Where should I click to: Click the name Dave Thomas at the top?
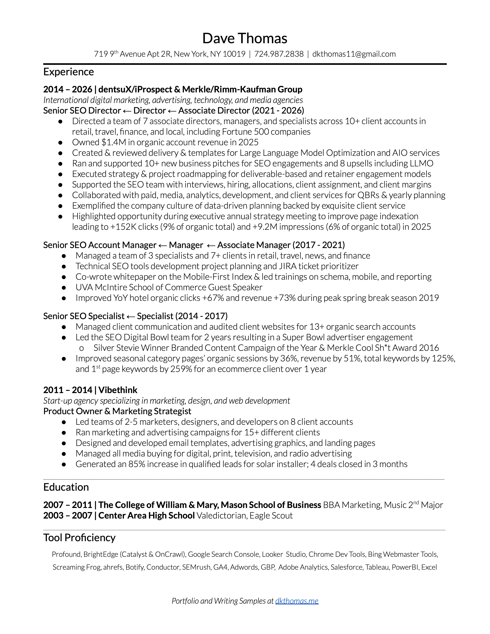(x=245, y=38)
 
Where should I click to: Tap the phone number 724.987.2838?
(x=279, y=54)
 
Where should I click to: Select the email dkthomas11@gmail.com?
(x=354, y=54)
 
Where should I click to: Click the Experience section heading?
(x=69, y=72)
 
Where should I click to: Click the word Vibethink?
(x=118, y=390)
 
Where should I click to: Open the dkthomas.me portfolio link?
(x=297, y=601)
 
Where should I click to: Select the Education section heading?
(x=66, y=487)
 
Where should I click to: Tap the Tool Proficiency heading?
(x=79, y=537)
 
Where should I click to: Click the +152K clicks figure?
(x=123, y=227)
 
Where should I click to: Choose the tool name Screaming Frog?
(x=76, y=567)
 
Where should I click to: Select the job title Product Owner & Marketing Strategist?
(x=117, y=411)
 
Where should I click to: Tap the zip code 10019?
(x=234, y=54)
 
